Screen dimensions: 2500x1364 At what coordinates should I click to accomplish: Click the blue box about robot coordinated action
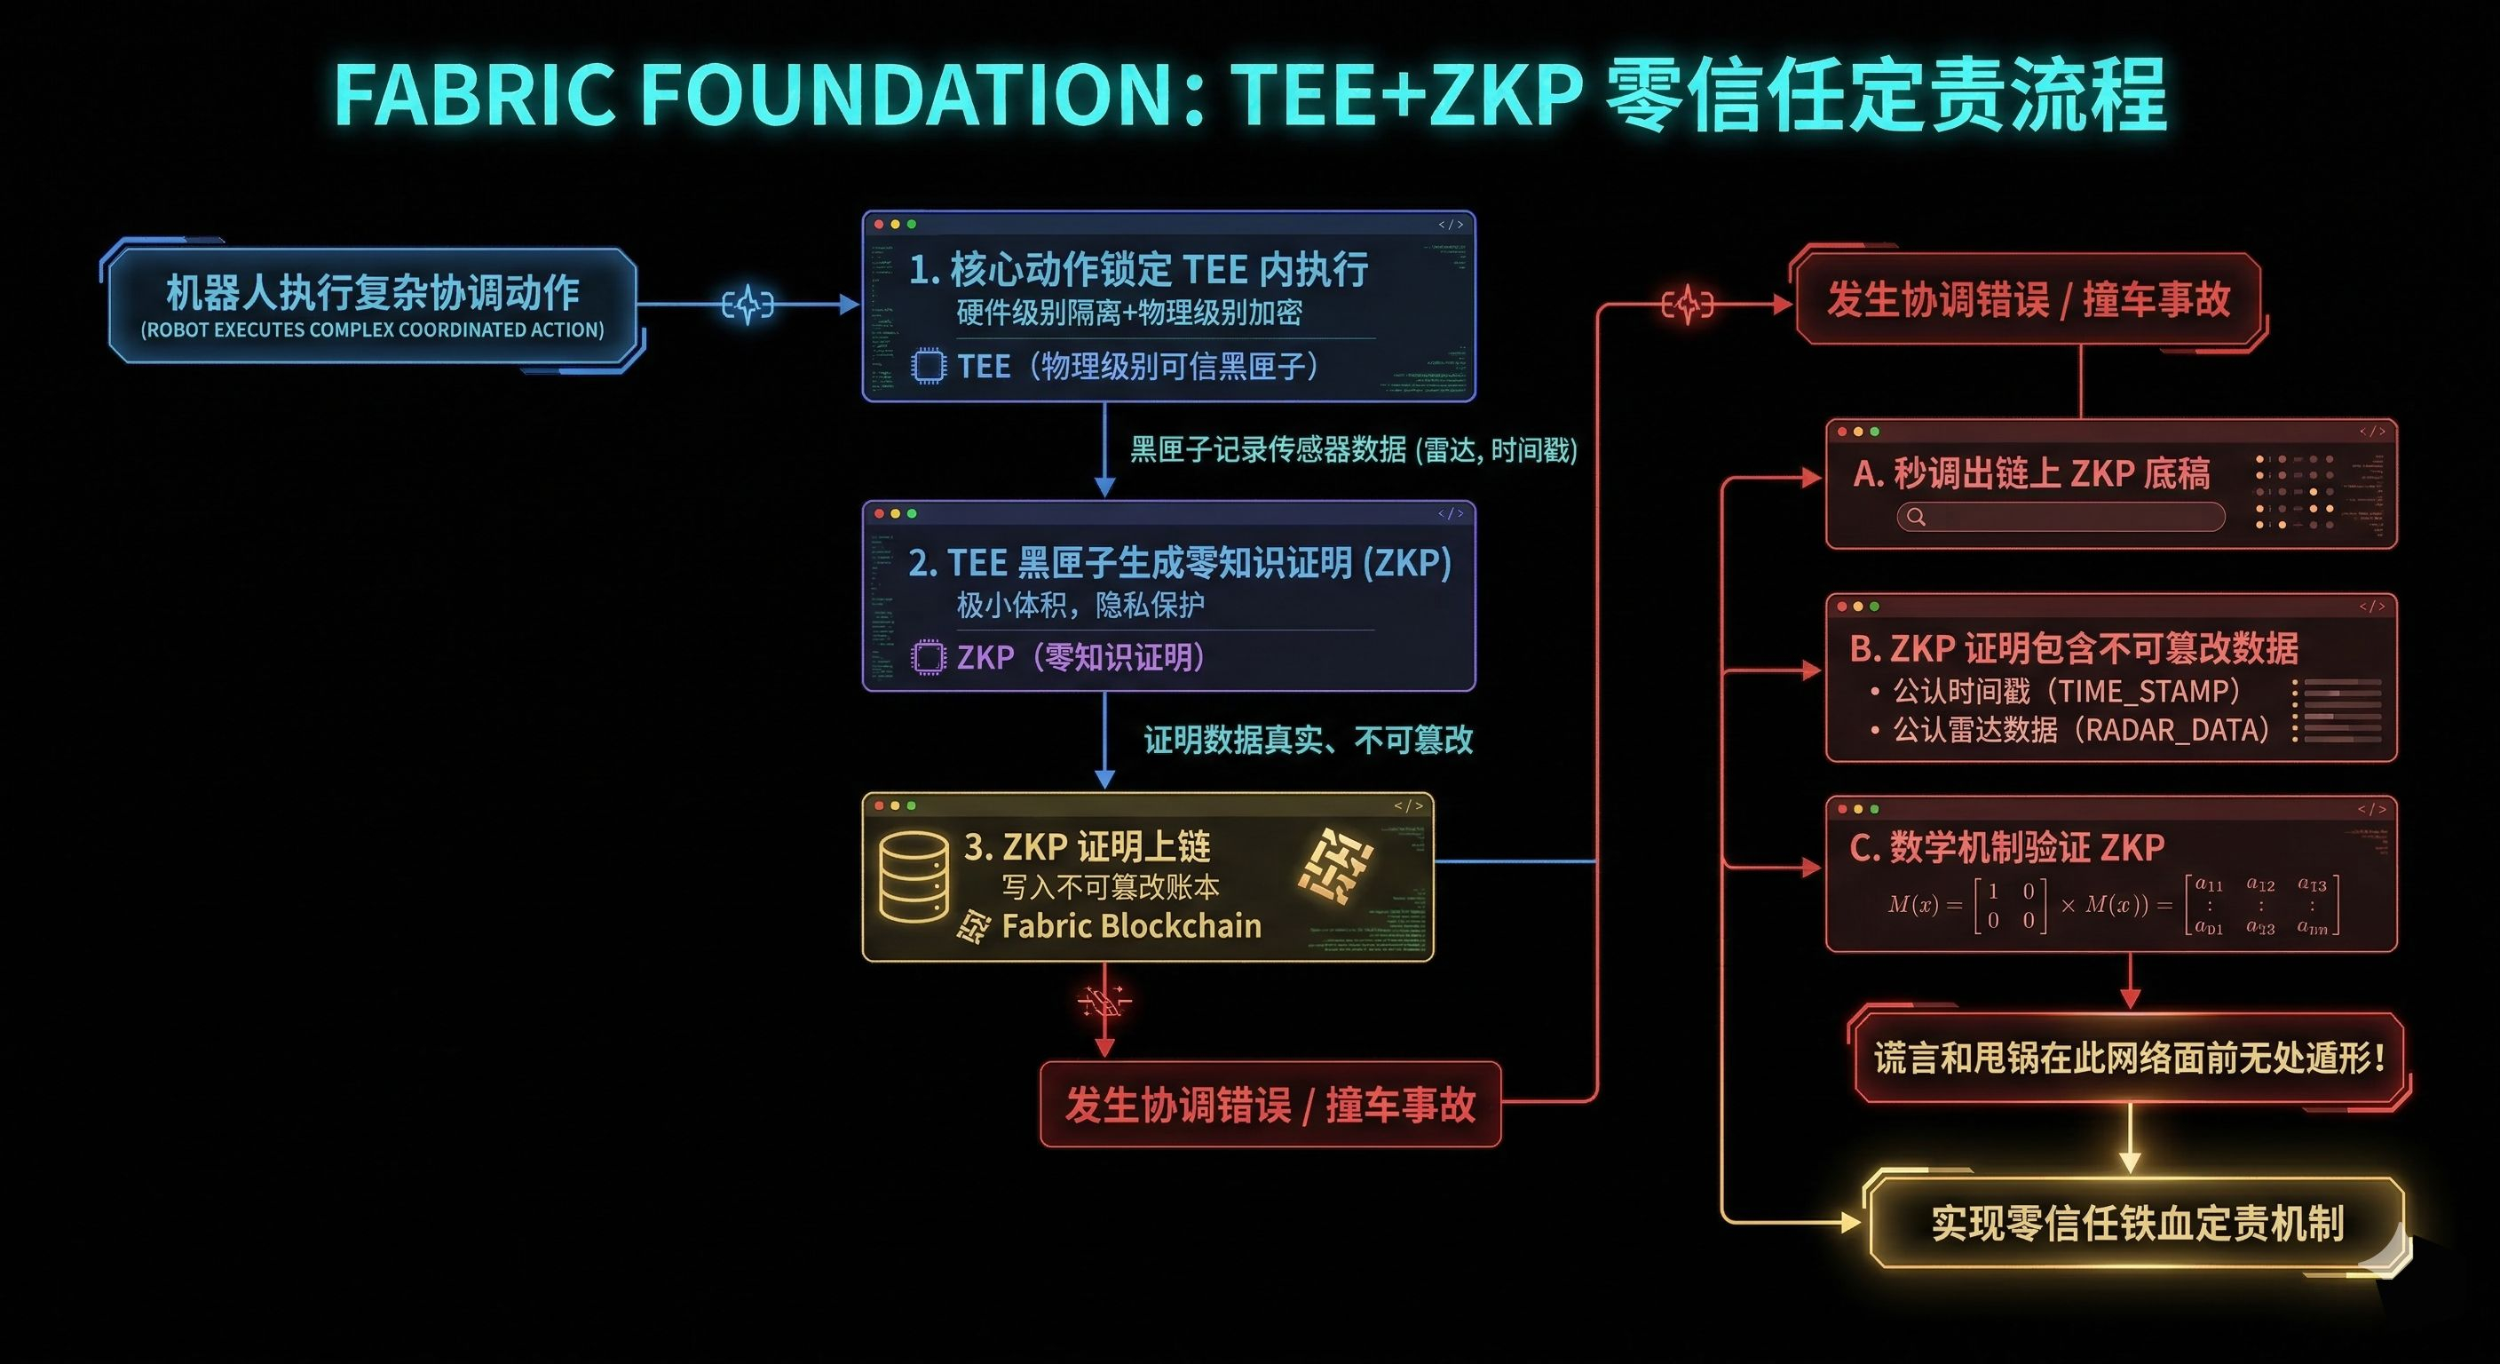tap(373, 305)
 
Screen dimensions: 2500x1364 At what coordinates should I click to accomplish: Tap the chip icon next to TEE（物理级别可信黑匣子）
tap(928, 366)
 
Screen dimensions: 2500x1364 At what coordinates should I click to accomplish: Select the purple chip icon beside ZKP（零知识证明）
tap(928, 657)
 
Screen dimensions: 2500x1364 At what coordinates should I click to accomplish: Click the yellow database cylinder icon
tap(914, 876)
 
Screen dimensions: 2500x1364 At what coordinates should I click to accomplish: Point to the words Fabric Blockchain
tap(1131, 926)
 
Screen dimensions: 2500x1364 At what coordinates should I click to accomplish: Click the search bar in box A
tap(2061, 517)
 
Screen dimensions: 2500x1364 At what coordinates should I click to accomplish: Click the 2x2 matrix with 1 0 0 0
tap(2009, 905)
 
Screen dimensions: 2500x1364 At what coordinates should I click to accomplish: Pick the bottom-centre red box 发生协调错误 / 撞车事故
tap(1270, 1105)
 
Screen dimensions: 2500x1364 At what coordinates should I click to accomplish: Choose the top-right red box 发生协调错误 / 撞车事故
tap(2029, 300)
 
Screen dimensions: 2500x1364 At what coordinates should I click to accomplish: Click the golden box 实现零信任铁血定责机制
tap(2136, 1223)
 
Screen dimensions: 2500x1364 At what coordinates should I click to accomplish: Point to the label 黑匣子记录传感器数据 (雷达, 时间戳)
tap(1353, 449)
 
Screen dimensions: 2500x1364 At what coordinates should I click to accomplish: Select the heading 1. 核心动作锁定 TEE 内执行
tap(1137, 269)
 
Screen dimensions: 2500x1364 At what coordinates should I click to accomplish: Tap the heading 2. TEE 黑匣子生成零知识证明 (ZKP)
tap(1179, 563)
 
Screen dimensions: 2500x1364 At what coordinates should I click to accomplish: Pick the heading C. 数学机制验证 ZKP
tap(2006, 847)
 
